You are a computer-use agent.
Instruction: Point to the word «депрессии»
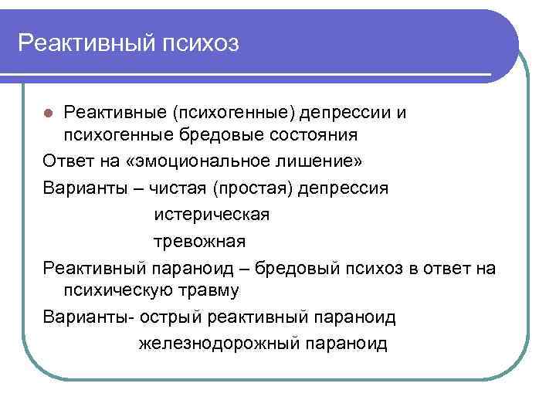click(346, 113)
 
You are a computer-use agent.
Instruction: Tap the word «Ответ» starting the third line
click(67, 162)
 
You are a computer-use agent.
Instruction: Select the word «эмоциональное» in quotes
click(208, 162)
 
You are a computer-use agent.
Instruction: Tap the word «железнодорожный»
click(220, 344)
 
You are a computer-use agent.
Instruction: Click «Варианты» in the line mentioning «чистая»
click(77, 188)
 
